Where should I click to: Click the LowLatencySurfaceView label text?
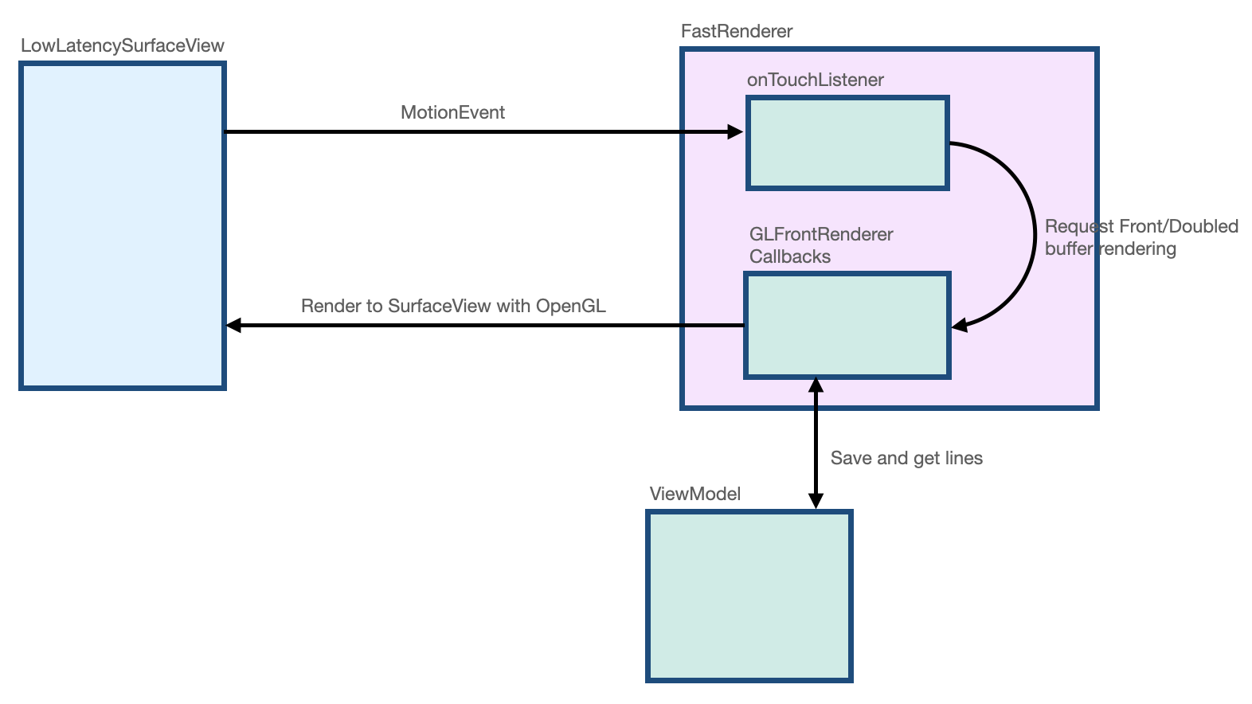(122, 45)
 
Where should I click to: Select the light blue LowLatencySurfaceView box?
(123, 226)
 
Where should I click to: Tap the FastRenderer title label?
(737, 31)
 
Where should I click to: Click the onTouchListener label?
(815, 80)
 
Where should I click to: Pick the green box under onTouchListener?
(847, 143)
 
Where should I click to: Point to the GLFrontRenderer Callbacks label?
(820, 245)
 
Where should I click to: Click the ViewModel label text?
(694, 494)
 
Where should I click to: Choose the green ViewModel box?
(749, 596)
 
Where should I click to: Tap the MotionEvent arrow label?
(452, 112)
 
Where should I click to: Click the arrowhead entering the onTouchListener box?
(736, 132)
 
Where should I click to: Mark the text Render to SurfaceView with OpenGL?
(453, 306)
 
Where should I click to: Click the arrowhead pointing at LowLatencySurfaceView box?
(233, 325)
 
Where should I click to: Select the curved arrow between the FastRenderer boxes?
(1034, 231)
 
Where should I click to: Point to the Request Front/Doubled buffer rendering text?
(1140, 237)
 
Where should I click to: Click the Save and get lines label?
(906, 458)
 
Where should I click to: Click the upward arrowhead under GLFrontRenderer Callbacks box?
(816, 385)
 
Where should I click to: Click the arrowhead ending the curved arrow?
(959, 325)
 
